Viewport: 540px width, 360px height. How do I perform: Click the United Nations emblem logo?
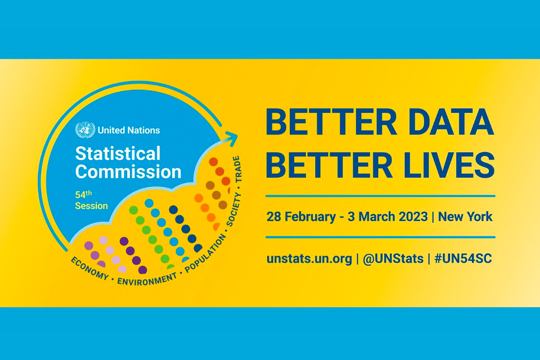point(85,130)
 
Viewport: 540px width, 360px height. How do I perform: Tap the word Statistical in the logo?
point(118,154)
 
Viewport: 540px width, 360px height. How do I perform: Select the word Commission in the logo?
point(128,172)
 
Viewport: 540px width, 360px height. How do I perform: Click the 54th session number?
point(83,194)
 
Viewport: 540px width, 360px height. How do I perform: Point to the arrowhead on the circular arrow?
point(231,138)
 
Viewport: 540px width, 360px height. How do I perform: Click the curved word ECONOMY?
point(89,268)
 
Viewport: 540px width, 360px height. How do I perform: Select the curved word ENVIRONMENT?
point(147,280)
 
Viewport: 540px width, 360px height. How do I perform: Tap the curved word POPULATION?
point(206,254)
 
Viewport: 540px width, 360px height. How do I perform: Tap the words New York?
point(465,217)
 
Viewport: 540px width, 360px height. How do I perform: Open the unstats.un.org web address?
point(309,259)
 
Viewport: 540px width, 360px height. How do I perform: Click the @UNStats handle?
point(393,259)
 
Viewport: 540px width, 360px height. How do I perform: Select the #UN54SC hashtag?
point(463,258)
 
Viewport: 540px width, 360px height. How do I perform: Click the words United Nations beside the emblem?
point(129,130)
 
